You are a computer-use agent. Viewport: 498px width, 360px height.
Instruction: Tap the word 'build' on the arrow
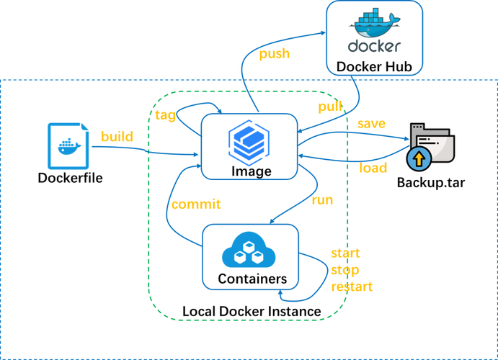tap(117, 136)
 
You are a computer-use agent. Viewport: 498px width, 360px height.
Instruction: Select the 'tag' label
tap(165, 115)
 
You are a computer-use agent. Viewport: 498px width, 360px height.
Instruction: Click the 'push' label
tap(274, 54)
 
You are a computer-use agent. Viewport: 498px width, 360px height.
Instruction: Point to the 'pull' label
tap(331, 107)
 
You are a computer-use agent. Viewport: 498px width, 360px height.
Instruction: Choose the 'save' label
tap(371, 124)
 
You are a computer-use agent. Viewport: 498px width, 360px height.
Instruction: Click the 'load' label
tap(373, 168)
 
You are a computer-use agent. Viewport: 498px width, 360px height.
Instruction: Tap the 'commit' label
tap(196, 204)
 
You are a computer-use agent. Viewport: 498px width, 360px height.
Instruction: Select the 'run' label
tap(321, 199)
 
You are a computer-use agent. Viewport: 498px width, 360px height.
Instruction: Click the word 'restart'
tap(352, 287)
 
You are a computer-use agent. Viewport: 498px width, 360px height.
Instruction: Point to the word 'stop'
tap(344, 270)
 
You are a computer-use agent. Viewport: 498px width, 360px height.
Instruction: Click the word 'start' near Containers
tap(345, 253)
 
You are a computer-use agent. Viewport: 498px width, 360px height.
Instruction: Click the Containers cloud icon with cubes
tap(250, 249)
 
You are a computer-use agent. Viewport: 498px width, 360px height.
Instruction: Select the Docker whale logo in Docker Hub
tap(374, 25)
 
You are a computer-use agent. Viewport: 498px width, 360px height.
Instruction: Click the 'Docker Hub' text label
tap(374, 67)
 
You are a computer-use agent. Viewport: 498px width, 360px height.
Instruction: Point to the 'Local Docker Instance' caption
tap(252, 311)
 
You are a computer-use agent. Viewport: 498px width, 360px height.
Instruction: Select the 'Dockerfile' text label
tap(70, 177)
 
